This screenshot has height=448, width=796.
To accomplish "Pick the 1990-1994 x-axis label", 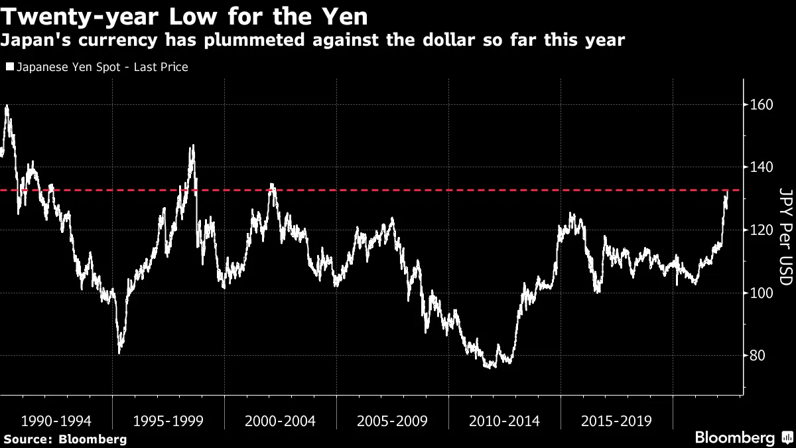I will coord(56,421).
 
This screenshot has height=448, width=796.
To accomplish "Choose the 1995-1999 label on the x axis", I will coord(168,421).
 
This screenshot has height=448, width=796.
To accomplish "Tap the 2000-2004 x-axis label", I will coord(280,421).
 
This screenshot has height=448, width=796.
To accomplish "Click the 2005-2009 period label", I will coord(392,421).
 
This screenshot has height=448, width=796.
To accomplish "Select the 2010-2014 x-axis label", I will coord(504,421).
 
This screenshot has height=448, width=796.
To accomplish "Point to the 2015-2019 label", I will coord(616,421).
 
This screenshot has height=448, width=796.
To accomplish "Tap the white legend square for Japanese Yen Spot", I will coord(9,67).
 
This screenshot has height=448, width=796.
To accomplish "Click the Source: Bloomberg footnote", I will coord(65,439).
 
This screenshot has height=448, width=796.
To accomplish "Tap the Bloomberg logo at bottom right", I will coord(743,437).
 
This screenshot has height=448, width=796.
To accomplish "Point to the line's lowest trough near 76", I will coord(490,366).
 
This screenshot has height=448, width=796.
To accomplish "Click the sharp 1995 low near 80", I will coord(119,352).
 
